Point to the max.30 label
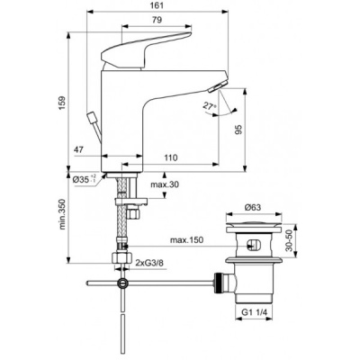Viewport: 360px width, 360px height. (x=163, y=185)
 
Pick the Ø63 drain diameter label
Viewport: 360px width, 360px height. (x=255, y=208)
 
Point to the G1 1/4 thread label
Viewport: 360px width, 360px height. (x=255, y=312)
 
